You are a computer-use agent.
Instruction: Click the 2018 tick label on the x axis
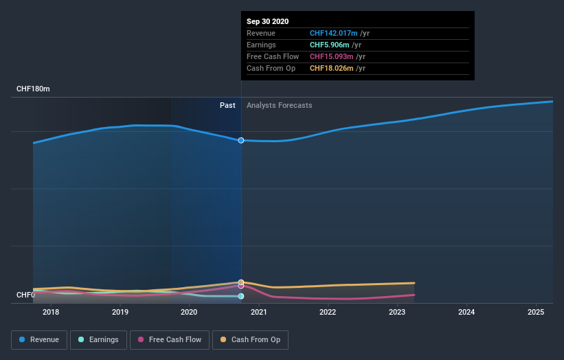coord(51,313)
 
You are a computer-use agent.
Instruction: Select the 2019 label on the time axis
coord(120,313)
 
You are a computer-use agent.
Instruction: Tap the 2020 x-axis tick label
coord(189,313)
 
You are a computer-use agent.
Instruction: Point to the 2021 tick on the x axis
coord(258,313)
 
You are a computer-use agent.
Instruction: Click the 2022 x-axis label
coord(328,313)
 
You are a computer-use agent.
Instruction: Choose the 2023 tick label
coord(397,313)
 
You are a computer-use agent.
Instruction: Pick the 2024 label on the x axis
coord(466,313)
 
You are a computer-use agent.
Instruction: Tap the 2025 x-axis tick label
coord(536,313)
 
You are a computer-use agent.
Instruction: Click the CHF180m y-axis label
coord(34,89)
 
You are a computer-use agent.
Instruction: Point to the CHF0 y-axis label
coord(26,295)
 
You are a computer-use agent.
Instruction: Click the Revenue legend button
coord(39,339)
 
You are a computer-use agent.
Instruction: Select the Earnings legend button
coord(98,339)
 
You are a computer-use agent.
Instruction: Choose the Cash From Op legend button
coord(250,339)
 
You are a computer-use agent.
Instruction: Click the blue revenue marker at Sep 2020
coord(241,140)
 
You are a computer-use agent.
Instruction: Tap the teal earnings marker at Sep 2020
coord(241,296)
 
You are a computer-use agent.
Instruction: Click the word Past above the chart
coord(227,105)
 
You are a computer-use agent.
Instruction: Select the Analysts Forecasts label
coord(279,105)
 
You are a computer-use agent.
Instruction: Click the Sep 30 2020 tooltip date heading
coord(268,21)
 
